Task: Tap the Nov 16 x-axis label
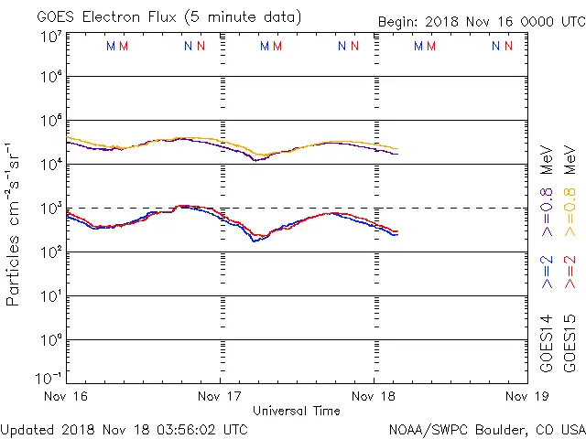click(68, 396)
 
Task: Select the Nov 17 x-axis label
click(221, 396)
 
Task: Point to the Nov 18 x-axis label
click(374, 396)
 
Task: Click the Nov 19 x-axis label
click(526, 396)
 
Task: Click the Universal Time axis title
click(297, 411)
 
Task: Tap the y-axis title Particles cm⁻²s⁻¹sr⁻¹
click(15, 223)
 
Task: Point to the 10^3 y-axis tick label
click(50, 209)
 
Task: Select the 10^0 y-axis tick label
click(50, 340)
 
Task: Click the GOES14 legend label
click(547, 344)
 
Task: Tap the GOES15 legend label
click(570, 344)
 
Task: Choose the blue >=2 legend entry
click(547, 272)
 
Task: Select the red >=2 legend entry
click(570, 272)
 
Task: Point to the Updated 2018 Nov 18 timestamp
click(124, 428)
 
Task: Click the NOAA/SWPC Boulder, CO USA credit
click(486, 428)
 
